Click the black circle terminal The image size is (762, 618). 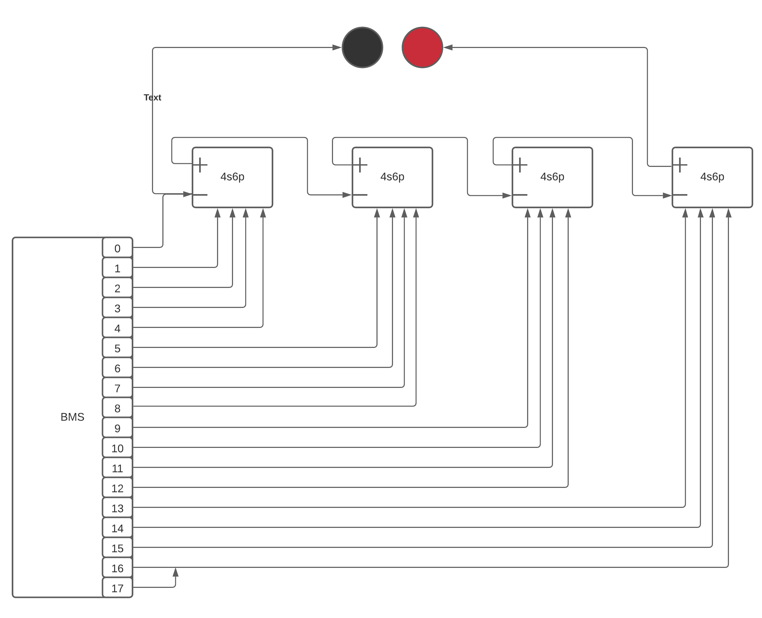point(362,47)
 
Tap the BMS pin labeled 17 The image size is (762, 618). point(118,588)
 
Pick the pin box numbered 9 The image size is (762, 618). point(118,428)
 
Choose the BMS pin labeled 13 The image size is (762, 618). point(118,508)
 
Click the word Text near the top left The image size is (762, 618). point(152,98)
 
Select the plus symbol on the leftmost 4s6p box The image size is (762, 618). point(200,165)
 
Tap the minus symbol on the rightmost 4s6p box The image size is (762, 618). point(680,195)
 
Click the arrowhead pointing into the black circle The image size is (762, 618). point(337,47)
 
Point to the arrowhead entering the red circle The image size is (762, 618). point(448,47)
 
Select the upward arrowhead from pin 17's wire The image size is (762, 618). point(175,572)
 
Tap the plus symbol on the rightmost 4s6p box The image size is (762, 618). point(680,165)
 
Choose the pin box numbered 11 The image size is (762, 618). point(118,468)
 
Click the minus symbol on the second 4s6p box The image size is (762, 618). point(360,195)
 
